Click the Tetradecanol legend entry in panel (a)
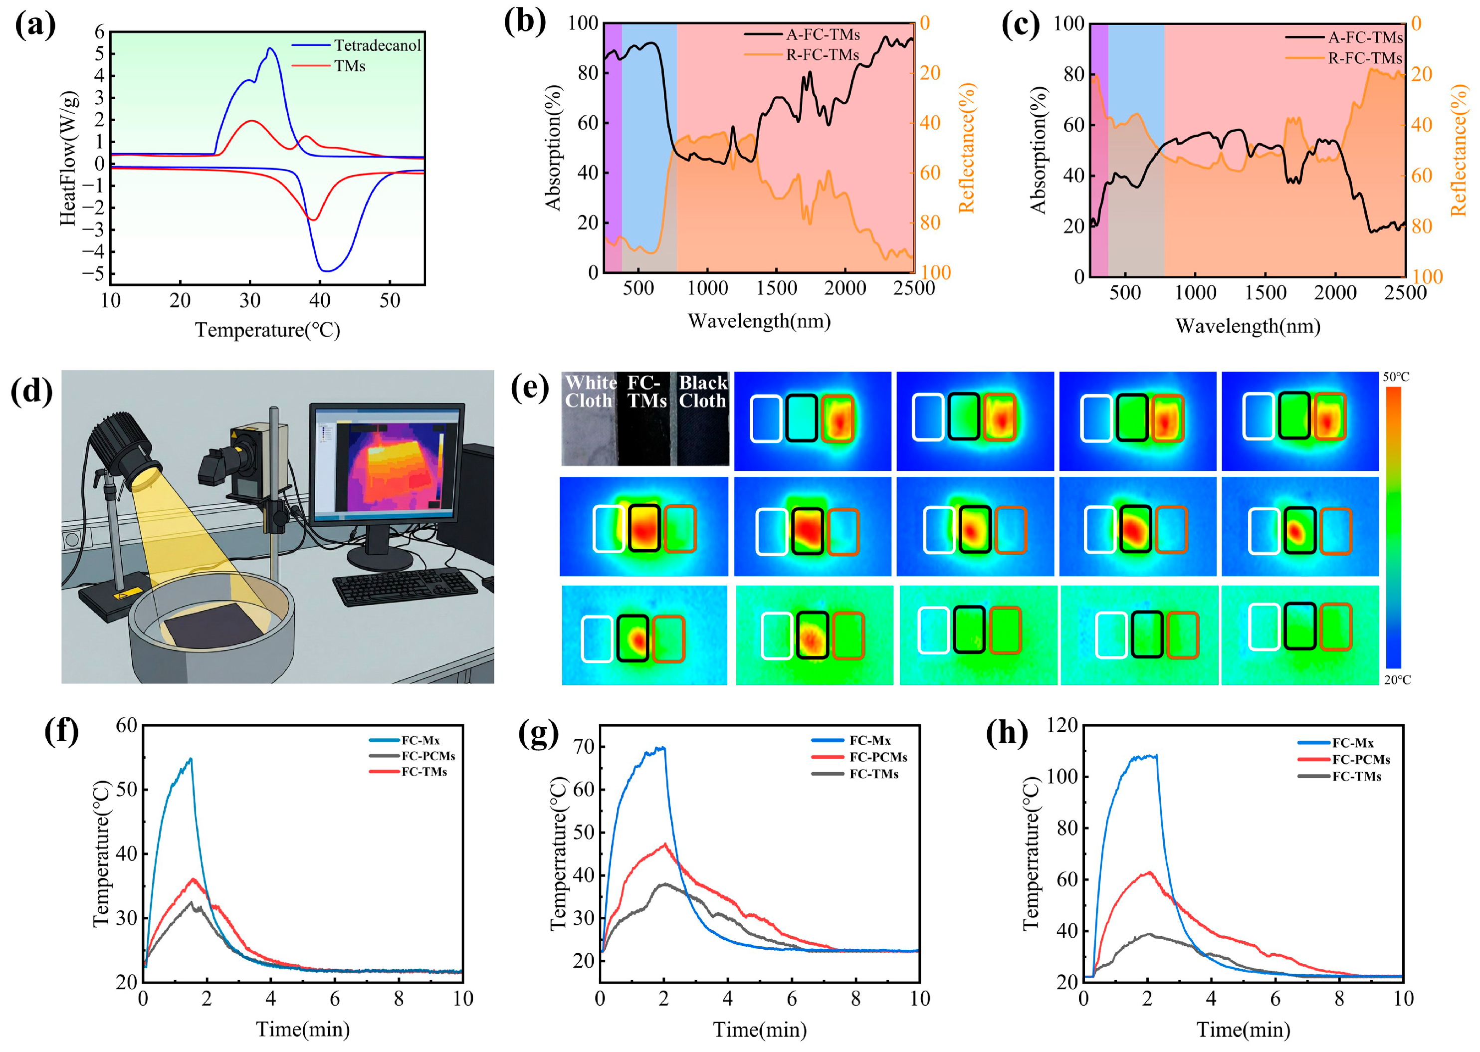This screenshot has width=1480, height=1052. [x=356, y=45]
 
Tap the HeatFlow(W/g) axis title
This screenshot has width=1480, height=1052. [x=69, y=158]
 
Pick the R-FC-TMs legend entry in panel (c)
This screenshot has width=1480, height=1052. [x=1343, y=58]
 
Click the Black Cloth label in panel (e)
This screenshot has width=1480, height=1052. [x=703, y=392]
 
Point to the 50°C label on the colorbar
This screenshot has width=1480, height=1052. [x=1396, y=377]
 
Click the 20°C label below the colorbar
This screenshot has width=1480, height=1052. [x=1397, y=679]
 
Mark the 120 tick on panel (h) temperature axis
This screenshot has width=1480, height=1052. [x=1061, y=725]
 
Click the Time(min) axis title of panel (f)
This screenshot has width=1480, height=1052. [x=302, y=1029]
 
